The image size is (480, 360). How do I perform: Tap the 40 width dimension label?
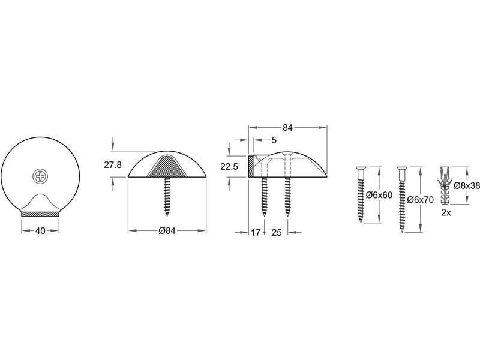tap(40, 231)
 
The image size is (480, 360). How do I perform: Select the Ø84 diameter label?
tap(167, 231)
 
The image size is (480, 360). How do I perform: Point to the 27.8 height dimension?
tap(113, 164)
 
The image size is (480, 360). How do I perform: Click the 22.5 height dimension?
tap(229, 167)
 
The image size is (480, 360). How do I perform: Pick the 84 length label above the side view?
tap(287, 128)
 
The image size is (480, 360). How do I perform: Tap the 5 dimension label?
tap(274, 140)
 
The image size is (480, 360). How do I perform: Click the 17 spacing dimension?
tap(256, 233)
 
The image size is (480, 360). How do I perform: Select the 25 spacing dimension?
tap(276, 233)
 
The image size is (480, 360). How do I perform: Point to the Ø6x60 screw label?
tap(379, 195)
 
